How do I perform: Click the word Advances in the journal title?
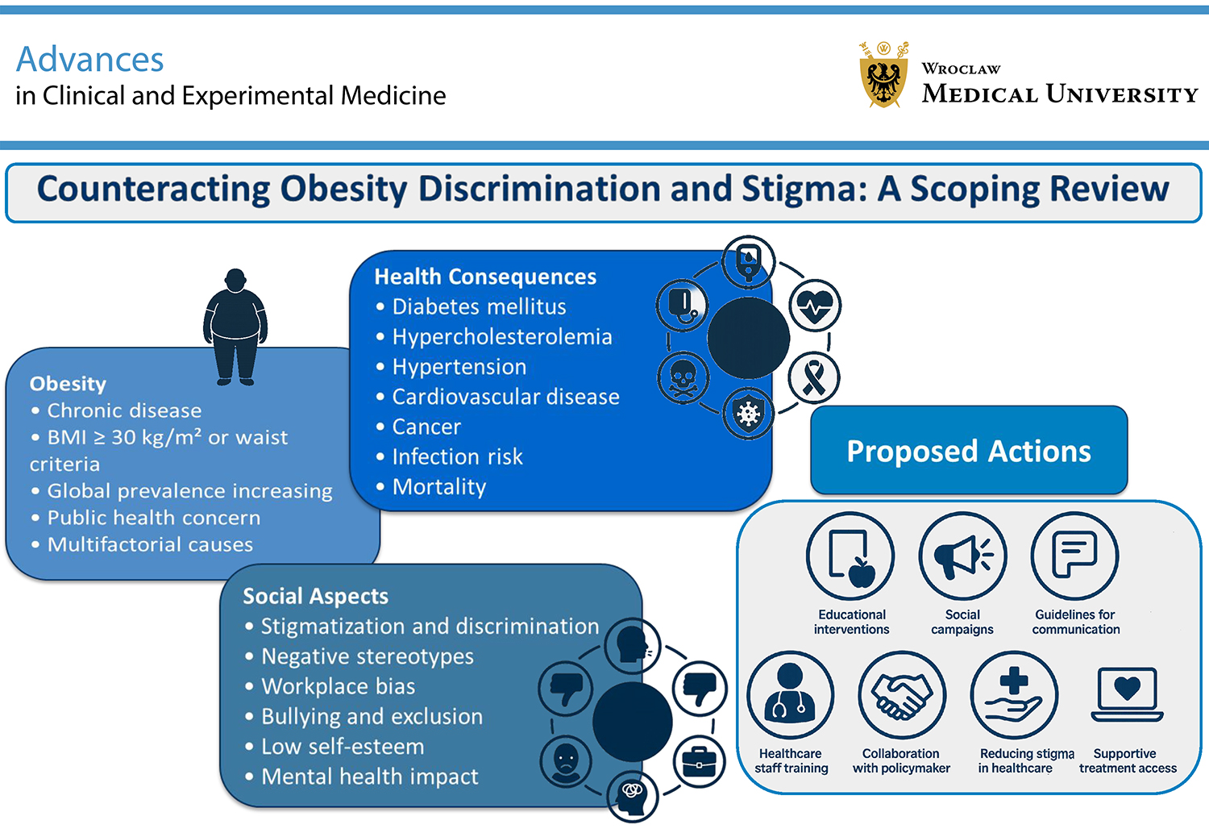[89, 59]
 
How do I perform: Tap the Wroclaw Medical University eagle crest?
[883, 75]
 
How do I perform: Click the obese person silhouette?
[235, 327]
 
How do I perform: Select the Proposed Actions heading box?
[969, 450]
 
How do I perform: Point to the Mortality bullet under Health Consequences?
[432, 486]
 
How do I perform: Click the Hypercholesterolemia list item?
[494, 336]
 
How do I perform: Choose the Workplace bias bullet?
[330, 686]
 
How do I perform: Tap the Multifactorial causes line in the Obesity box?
[142, 544]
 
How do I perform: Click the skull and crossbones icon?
[683, 378]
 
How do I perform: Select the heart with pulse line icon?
[814, 306]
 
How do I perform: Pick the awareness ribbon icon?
[814, 377]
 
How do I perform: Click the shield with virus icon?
[748, 414]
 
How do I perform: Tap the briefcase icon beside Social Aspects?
[700, 761]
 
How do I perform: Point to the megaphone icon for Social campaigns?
[963, 556]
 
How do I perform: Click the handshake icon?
[902, 695]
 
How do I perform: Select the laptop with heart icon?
[1127, 694]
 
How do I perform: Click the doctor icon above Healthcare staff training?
[790, 695]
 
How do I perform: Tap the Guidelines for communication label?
[1076, 622]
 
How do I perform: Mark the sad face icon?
[566, 762]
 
